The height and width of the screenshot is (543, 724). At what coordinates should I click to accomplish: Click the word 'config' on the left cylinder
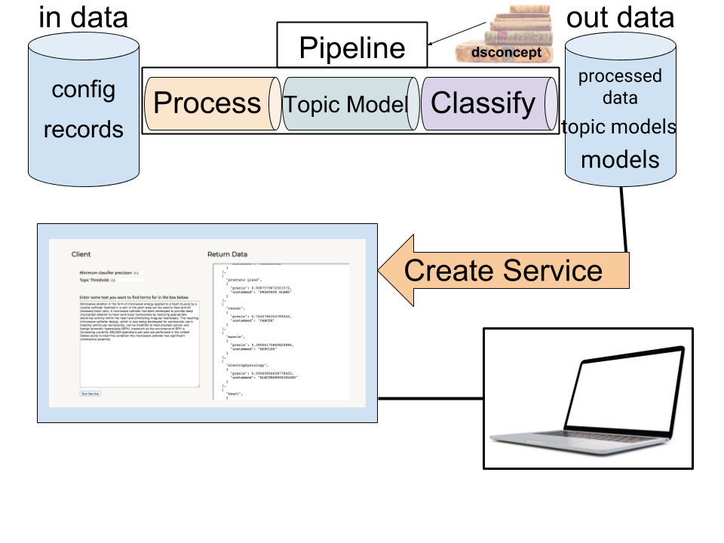[x=83, y=90]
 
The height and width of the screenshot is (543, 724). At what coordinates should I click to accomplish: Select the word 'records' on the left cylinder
[x=83, y=129]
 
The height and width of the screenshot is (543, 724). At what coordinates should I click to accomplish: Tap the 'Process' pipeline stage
[x=207, y=103]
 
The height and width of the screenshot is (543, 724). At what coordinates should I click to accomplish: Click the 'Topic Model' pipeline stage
[x=345, y=105]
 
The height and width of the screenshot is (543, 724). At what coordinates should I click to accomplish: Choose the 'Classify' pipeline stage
[x=483, y=103]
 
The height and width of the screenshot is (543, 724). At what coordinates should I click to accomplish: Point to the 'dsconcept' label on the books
[x=506, y=54]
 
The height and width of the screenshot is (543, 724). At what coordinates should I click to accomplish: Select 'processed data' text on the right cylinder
[x=619, y=87]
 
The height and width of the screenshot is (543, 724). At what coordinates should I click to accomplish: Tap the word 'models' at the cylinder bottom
[x=619, y=160]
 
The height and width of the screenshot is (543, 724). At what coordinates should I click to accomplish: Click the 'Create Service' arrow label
[x=503, y=270]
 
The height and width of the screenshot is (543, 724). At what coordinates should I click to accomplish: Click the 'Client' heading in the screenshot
[x=81, y=254]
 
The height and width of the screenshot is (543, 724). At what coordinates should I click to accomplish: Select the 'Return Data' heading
[x=227, y=254]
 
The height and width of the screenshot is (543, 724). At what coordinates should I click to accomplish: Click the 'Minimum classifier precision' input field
[x=137, y=273]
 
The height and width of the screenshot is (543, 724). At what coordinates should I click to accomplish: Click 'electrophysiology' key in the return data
[x=248, y=364]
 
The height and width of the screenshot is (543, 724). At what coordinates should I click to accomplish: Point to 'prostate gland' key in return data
[x=244, y=280]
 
